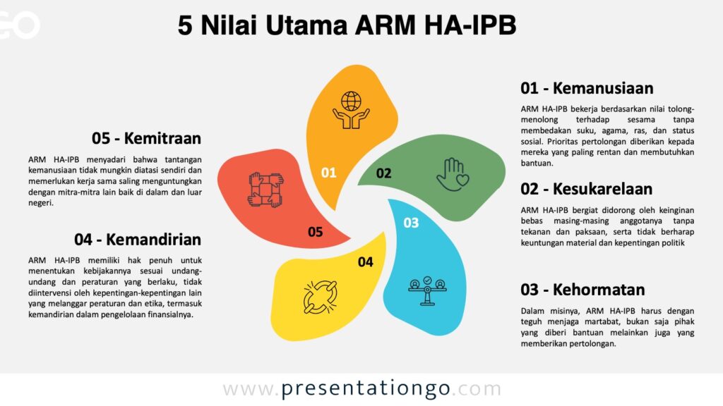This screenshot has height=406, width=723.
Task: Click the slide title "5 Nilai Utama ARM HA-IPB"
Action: (x=347, y=25)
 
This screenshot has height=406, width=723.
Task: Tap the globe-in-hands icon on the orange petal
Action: (x=351, y=110)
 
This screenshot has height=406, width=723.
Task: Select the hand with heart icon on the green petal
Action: (x=453, y=175)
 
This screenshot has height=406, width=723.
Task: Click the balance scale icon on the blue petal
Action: (x=427, y=291)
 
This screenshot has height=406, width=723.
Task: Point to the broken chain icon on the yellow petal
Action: (x=320, y=297)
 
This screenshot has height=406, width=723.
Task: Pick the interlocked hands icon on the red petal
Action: (x=265, y=190)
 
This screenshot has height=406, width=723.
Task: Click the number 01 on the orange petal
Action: (x=329, y=173)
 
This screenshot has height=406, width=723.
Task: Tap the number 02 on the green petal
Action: (x=383, y=173)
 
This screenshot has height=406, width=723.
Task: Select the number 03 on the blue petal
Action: (x=412, y=223)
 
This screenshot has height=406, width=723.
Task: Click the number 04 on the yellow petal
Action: (x=366, y=262)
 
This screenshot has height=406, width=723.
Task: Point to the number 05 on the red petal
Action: (x=316, y=232)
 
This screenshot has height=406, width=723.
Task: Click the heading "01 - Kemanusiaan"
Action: (x=587, y=88)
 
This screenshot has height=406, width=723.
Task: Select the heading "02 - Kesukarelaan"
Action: (x=587, y=189)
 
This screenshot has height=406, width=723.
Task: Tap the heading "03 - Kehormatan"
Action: (x=582, y=290)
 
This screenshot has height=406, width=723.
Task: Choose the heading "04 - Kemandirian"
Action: (x=138, y=240)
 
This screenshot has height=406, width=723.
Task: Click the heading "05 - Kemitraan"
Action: (x=147, y=138)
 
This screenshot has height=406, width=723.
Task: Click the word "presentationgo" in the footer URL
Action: (x=366, y=389)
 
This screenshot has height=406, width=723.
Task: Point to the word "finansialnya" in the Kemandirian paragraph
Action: (x=170, y=315)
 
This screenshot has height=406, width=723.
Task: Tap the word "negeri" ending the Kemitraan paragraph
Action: (x=40, y=203)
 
